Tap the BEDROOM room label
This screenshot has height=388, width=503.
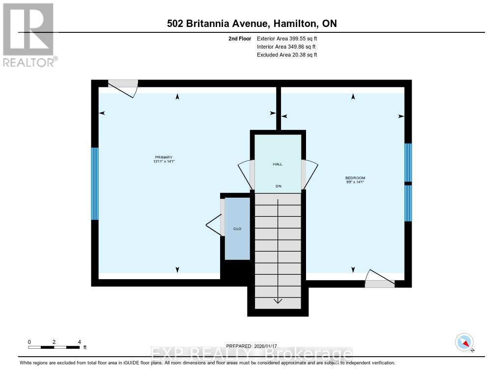click(355, 178)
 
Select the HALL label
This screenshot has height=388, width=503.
click(278, 164)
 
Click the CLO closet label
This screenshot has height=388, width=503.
click(237, 229)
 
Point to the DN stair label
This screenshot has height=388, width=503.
click(278, 186)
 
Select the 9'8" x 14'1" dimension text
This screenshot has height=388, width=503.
click(355, 182)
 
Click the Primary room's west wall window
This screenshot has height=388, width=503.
click(95, 183)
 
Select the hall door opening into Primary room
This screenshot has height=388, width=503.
click(246, 174)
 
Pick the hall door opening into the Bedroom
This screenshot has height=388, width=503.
click(310, 174)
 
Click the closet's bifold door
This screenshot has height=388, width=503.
click(215, 225)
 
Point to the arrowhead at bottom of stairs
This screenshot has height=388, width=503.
click(278, 301)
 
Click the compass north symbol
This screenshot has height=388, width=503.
click(464, 342)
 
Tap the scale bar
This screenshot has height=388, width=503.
click(54, 347)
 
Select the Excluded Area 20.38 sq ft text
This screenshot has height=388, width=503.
click(287, 55)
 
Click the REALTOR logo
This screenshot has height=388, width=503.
click(28, 34)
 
